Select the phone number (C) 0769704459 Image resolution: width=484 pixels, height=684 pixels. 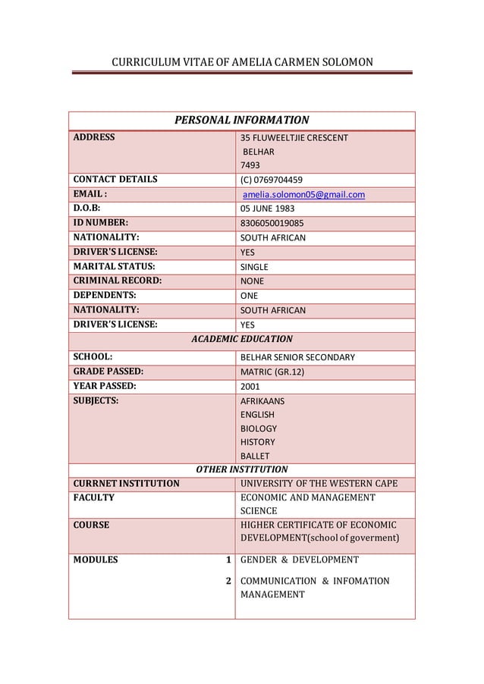click(272, 180)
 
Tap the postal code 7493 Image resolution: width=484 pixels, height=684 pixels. click(249, 165)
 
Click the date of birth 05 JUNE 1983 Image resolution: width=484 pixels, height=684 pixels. click(268, 209)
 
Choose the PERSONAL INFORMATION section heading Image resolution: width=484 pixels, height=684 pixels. click(242, 121)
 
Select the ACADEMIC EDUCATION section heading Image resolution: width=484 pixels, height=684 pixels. click(242, 339)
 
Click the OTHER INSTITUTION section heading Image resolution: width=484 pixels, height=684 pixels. click(242, 469)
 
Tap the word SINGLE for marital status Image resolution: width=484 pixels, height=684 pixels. click(254, 267)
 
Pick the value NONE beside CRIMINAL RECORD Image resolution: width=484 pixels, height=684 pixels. click(253, 281)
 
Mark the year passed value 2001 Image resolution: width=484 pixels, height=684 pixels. click(250, 386)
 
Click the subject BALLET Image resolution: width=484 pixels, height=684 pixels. click(255, 456)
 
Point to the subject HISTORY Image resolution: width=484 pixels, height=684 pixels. click(257, 442)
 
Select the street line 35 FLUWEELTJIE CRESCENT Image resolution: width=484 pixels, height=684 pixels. click(294, 138)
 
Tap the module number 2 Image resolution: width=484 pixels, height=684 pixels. click(227, 582)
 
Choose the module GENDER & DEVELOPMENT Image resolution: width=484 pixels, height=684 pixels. click(299, 560)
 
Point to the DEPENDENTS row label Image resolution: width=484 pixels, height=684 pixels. click(105, 296)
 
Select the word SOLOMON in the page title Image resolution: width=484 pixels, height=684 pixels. click(340, 60)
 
